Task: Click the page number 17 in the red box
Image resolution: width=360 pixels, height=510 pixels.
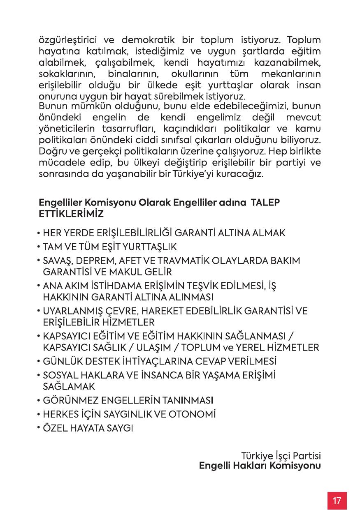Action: click(337, 501)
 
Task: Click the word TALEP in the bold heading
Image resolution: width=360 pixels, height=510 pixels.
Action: click(267, 203)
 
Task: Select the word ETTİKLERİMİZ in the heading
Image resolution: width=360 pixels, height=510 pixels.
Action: click(71, 214)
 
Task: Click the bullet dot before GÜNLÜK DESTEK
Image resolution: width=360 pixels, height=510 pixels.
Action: click(38, 362)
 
